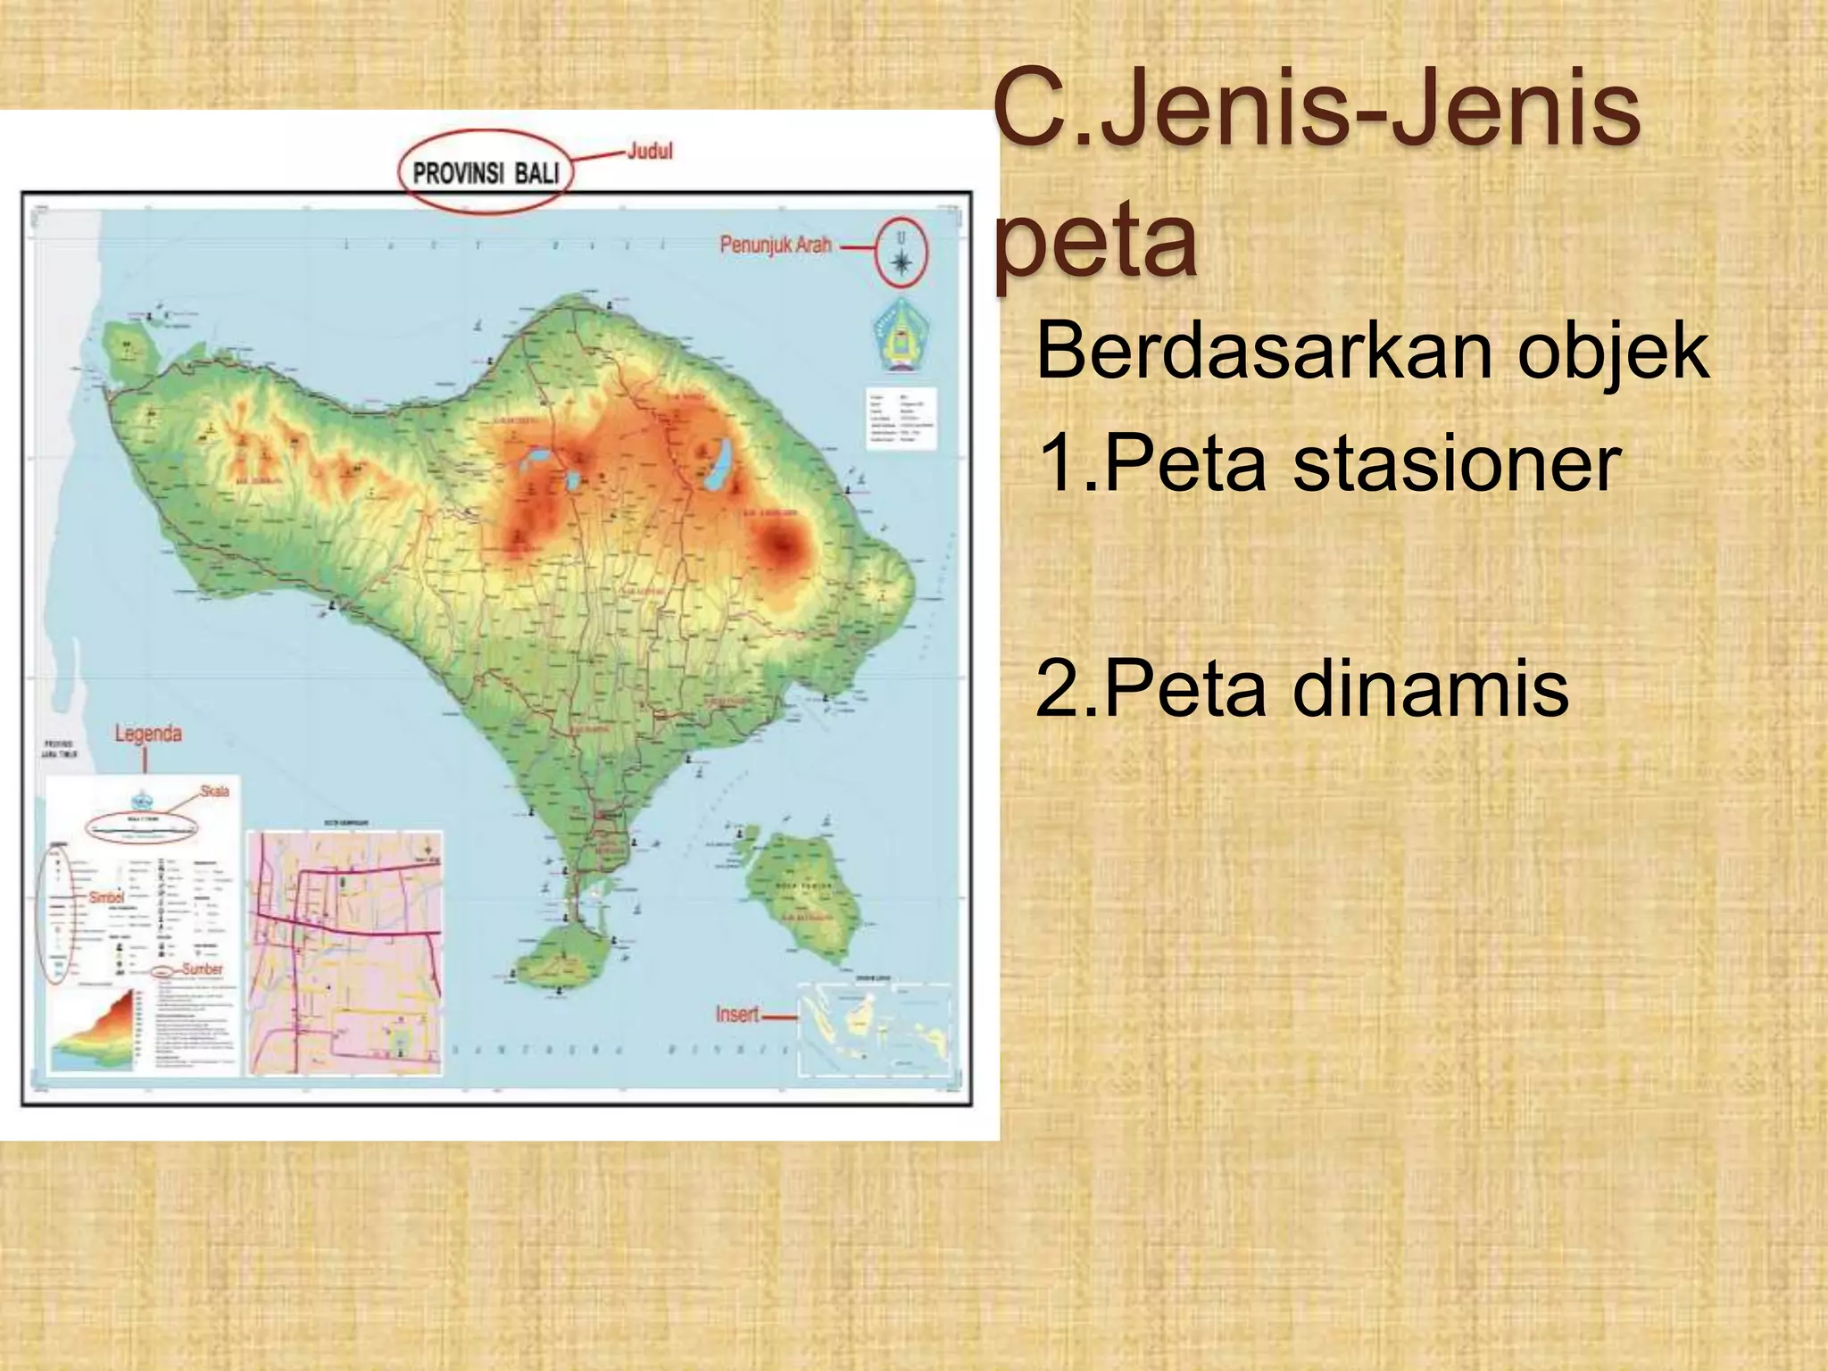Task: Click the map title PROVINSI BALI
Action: pos(486,172)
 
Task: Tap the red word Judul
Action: pos(649,151)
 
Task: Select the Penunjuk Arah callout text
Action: pos(775,245)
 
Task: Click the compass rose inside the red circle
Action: pos(902,261)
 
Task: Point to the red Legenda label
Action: pos(148,734)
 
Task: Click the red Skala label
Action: pos(214,791)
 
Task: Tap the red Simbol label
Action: pos(107,897)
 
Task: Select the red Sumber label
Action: pos(203,968)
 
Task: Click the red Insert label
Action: pos(737,1014)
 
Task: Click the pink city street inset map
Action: pos(345,952)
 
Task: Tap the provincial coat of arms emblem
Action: pos(900,336)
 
